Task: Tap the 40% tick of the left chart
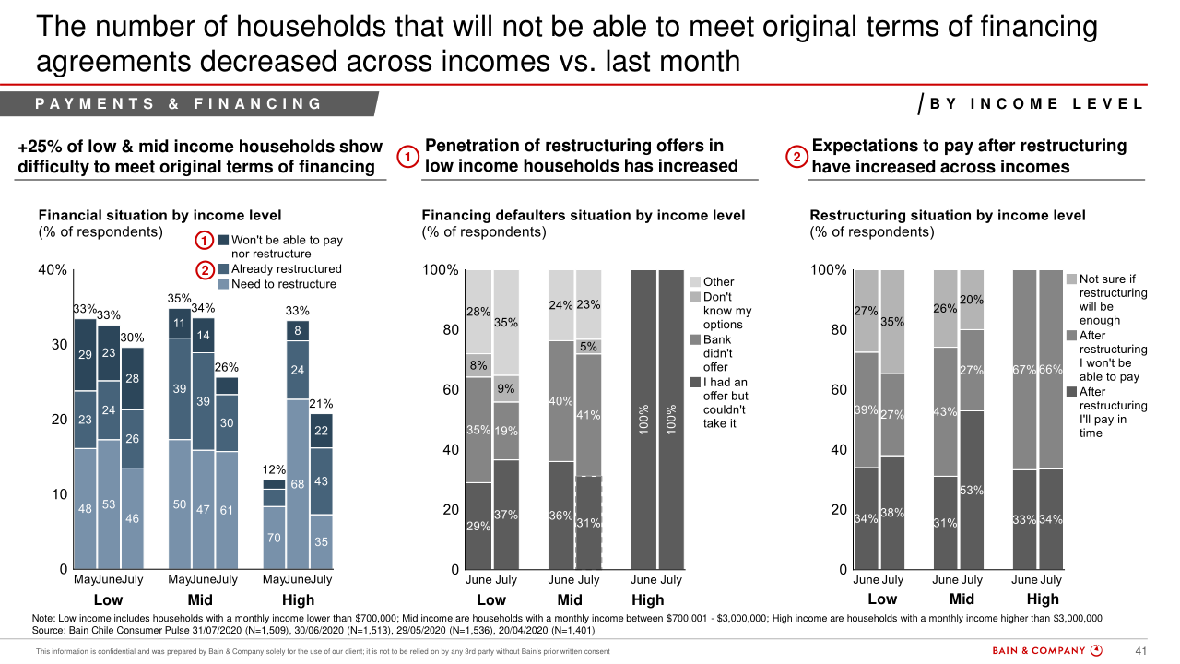(x=52, y=270)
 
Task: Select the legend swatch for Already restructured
(x=224, y=269)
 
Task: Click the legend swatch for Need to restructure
(x=224, y=284)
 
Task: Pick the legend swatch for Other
(x=696, y=282)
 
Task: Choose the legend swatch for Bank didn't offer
(x=696, y=339)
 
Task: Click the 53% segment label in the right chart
(x=971, y=491)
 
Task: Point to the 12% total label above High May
(x=274, y=470)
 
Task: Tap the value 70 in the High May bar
(x=274, y=537)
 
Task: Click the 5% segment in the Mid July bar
(x=588, y=347)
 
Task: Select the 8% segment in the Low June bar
(x=478, y=365)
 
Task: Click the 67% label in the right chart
(x=1024, y=370)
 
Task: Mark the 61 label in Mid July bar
(x=227, y=509)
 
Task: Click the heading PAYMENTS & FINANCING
(x=179, y=104)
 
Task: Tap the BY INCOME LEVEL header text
(x=1036, y=104)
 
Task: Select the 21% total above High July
(x=321, y=404)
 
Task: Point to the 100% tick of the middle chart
(x=440, y=270)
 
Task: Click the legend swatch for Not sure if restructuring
(x=1071, y=279)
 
